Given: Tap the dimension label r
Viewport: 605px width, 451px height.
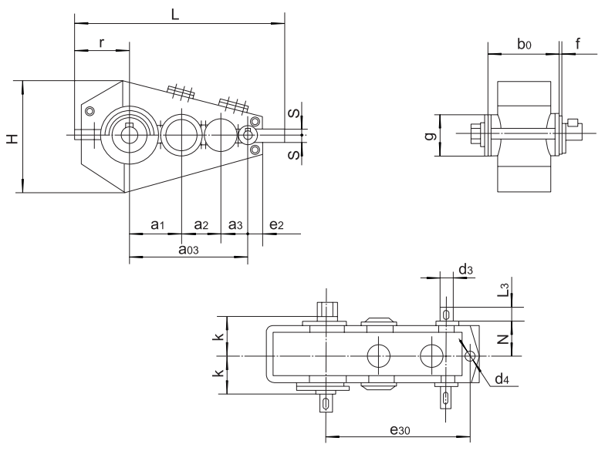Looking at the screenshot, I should click(x=102, y=42).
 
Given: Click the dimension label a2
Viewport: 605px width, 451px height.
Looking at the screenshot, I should click(x=201, y=224).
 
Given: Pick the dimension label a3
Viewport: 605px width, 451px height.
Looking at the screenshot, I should click(x=236, y=224).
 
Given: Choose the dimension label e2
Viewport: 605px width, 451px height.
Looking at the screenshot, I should click(x=277, y=224).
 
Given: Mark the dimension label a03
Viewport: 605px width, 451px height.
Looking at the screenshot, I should click(x=188, y=249).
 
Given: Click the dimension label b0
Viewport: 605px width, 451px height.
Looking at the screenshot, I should click(x=524, y=45).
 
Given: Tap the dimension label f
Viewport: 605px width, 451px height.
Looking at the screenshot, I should click(x=578, y=44).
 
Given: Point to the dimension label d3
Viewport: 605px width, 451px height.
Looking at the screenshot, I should click(x=465, y=269).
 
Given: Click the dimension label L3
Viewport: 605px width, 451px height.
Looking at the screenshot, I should click(x=503, y=291).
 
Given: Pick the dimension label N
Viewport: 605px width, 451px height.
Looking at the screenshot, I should click(x=502, y=338).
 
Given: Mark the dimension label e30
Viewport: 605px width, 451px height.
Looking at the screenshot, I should click(x=399, y=432).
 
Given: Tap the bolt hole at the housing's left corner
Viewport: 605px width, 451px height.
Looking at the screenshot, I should click(x=91, y=112).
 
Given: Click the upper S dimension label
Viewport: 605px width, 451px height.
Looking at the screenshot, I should click(x=294, y=113).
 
